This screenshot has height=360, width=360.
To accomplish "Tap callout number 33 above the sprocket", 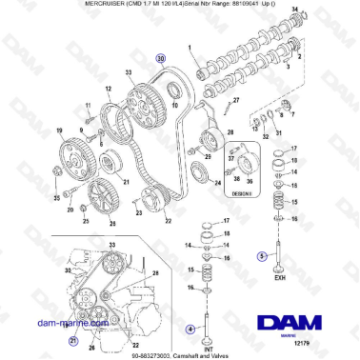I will (x=130, y=72).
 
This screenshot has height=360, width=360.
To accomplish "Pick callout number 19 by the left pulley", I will (x=59, y=130).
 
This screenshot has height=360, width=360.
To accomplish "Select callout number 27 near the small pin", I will (x=235, y=99).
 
